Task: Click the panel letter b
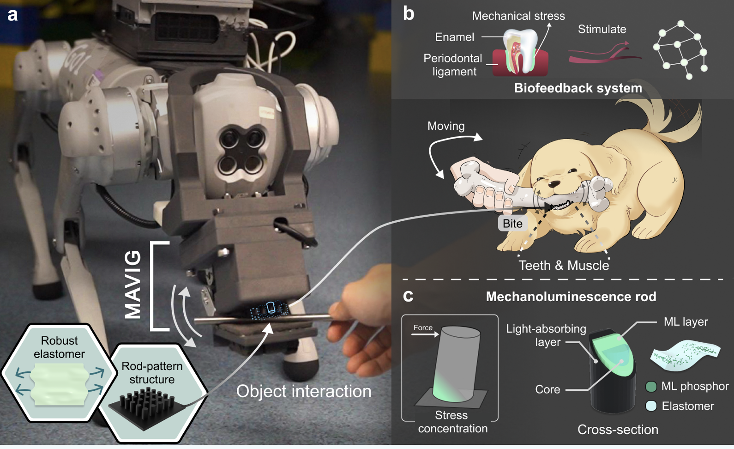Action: tap(408, 13)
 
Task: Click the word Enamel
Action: tap(454, 37)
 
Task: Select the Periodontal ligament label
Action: tap(452, 65)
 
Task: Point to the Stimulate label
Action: tap(602, 29)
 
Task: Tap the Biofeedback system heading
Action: tap(578, 88)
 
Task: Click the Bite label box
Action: tap(512, 224)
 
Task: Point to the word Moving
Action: tap(446, 126)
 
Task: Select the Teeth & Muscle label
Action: tap(564, 266)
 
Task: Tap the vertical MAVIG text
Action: tap(133, 285)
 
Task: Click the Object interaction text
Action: tap(303, 391)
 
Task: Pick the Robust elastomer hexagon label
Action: tap(59, 347)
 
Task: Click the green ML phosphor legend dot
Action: tap(651, 387)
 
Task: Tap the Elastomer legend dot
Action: tap(651, 406)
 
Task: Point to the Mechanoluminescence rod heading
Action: tap(571, 297)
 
